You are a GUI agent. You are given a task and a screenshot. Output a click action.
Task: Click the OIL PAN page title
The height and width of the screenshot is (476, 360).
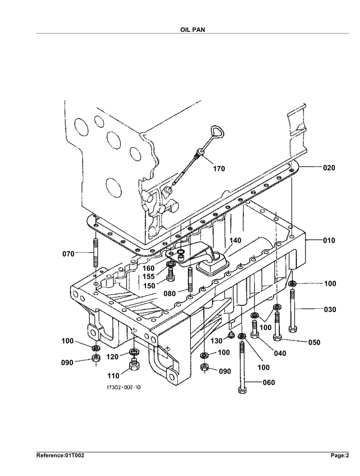click(193, 30)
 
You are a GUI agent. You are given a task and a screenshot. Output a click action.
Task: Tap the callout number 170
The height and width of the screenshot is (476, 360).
click(219, 169)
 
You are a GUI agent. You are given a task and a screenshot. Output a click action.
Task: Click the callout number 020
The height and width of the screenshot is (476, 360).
click(329, 168)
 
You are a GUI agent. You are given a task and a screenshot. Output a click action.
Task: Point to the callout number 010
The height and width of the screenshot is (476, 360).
click(329, 241)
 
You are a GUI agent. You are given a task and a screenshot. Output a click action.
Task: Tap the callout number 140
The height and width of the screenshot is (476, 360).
click(235, 241)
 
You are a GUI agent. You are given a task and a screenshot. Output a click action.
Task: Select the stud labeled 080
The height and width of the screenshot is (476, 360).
click(190, 279)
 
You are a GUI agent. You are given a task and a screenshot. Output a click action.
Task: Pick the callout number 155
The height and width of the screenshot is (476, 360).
click(149, 277)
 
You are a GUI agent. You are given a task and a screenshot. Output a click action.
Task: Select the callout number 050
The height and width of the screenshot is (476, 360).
click(314, 342)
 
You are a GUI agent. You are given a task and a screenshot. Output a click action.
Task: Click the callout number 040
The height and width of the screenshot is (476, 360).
click(280, 353)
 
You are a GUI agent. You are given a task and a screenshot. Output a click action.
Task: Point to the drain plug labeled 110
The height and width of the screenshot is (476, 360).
click(134, 363)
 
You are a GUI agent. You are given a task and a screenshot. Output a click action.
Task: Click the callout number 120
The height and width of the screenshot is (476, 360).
click(112, 357)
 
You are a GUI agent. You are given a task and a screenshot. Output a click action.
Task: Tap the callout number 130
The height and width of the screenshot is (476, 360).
click(217, 341)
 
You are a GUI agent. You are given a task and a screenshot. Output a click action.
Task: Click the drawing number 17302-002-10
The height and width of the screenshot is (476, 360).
click(123, 388)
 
